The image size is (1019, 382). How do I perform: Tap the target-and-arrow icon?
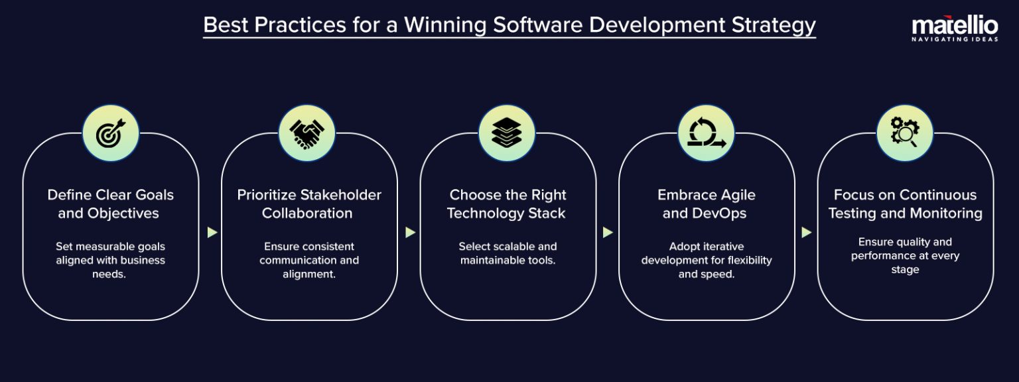click(110, 133)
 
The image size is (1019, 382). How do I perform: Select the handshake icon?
click(306, 133)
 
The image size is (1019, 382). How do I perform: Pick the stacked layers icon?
click(507, 133)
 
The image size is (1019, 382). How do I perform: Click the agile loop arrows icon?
click(706, 133)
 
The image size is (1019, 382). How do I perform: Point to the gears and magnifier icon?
click(905, 133)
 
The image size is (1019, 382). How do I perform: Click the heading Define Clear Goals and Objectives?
click(110, 204)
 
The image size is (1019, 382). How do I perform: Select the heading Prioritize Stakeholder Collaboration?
click(309, 204)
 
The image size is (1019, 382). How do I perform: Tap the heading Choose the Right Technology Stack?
click(508, 204)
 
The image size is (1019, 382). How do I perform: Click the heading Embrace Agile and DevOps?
click(706, 204)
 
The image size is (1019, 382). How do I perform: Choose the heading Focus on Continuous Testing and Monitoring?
click(905, 204)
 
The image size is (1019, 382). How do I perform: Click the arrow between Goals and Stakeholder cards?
click(212, 232)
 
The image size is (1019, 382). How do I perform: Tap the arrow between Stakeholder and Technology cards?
click(410, 232)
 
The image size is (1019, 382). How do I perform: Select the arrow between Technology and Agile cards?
click(608, 232)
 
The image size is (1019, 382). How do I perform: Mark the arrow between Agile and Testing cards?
click(806, 232)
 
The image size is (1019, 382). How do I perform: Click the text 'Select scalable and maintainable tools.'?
click(508, 253)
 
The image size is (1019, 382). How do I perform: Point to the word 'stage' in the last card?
click(905, 270)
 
